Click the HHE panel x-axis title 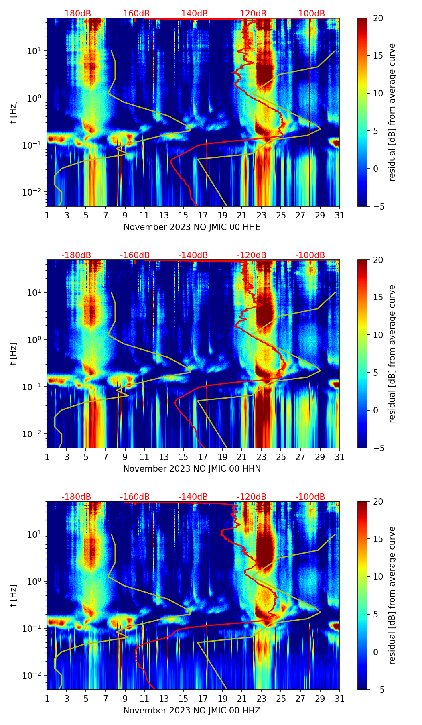pyautogui.click(x=192, y=227)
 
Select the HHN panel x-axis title pyautogui.click(x=192, y=469)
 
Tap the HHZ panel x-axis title pyautogui.click(x=192, y=711)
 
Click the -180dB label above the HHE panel pyautogui.click(x=76, y=14)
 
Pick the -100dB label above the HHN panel pyautogui.click(x=310, y=255)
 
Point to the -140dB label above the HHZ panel pyautogui.click(x=193, y=497)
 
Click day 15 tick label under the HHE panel pyautogui.click(x=183, y=215)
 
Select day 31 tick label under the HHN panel pyautogui.click(x=339, y=457)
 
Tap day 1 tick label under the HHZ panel pyautogui.click(x=47, y=699)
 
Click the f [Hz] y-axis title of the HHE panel pyautogui.click(x=14, y=112)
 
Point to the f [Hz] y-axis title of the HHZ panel pyautogui.click(x=14, y=596)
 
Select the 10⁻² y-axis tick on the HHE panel pyautogui.click(x=33, y=193)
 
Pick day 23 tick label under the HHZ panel pyautogui.click(x=261, y=699)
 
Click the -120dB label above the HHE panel pyautogui.click(x=252, y=14)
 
